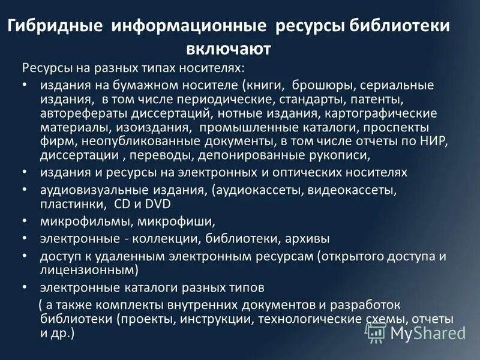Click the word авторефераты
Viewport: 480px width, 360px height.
click(x=78, y=113)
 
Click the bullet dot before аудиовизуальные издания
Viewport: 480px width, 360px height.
click(x=24, y=190)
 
